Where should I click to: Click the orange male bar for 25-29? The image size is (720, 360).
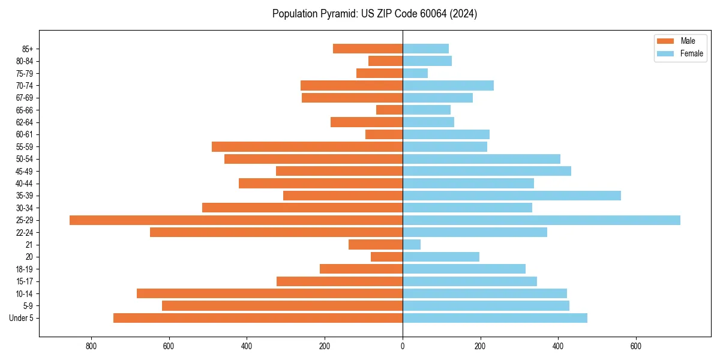tap(236, 220)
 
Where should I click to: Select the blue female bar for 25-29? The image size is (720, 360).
tap(541, 220)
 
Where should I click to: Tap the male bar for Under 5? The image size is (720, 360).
tap(258, 318)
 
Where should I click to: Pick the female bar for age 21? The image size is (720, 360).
tap(412, 245)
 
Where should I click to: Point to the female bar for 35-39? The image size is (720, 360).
tap(512, 196)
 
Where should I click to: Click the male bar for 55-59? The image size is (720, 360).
tap(307, 147)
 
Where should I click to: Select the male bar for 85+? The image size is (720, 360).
tap(368, 49)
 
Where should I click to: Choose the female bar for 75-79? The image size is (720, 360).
tap(415, 73)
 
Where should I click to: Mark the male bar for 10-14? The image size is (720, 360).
tap(269, 293)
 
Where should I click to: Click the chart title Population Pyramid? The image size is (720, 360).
tap(374, 14)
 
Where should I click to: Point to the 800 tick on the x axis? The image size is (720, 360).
tap(91, 346)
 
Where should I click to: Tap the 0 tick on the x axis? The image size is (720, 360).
tap(403, 346)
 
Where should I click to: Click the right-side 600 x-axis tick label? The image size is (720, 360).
tap(635, 346)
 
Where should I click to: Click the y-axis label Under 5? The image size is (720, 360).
tap(22, 318)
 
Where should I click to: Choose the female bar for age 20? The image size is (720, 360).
tap(441, 257)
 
